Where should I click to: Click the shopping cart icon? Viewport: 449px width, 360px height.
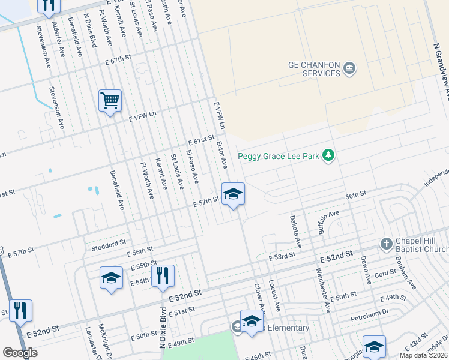point(110,101)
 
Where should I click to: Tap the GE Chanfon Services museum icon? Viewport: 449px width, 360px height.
point(350,69)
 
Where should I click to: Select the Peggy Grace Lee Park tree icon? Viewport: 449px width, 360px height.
point(328,155)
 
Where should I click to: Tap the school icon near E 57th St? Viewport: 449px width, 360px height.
point(233,194)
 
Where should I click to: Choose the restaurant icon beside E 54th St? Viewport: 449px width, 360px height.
point(163,276)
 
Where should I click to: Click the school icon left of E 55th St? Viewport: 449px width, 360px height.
point(111,278)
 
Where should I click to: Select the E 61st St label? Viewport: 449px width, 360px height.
point(201,140)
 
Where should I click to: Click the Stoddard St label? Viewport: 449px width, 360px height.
point(108,247)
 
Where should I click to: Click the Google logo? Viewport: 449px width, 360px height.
point(20,353)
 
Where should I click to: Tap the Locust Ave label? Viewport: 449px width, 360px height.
point(274,295)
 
